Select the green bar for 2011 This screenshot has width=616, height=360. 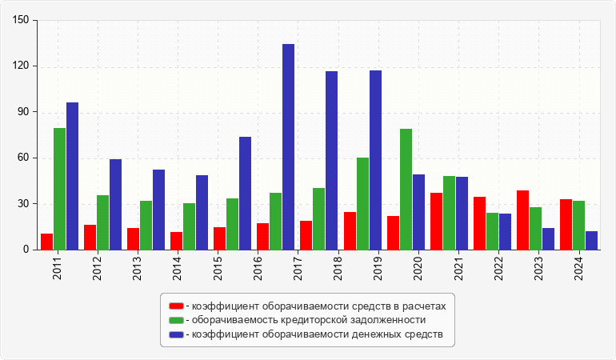point(59,189)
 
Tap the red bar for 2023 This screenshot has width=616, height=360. point(522,220)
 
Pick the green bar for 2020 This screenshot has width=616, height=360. point(406,189)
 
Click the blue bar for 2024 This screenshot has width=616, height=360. point(591,240)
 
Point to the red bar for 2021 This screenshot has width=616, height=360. point(436,221)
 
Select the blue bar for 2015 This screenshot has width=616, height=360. point(245,194)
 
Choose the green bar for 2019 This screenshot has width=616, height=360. point(362,203)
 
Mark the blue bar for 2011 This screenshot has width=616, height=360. point(72,176)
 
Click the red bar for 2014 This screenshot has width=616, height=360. point(176,241)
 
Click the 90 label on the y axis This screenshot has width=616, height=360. point(23,112)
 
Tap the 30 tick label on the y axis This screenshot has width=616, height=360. point(23,204)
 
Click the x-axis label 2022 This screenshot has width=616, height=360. point(499,266)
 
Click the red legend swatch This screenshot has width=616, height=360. point(176,306)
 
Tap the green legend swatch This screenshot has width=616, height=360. point(176,320)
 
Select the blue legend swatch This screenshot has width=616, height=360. point(176,334)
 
